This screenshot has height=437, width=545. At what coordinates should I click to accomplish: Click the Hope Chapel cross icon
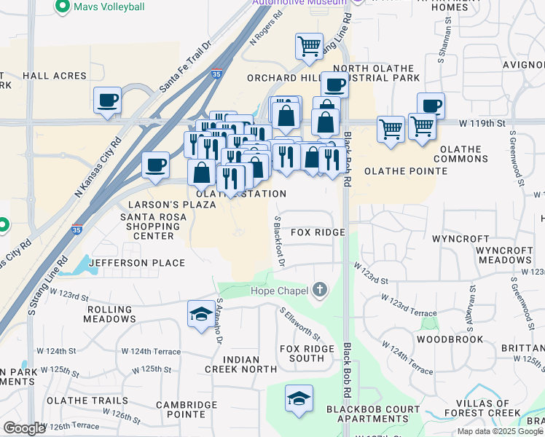coord(319,291)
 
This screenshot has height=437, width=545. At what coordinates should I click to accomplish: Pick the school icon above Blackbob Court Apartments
coord(299,398)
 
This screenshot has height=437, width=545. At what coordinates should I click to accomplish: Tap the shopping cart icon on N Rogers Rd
coord(309,46)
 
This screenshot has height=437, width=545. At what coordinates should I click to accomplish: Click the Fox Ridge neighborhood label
coord(318,232)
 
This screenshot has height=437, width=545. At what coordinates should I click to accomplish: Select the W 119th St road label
coord(482,124)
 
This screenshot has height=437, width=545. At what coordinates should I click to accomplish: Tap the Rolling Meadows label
coord(111,314)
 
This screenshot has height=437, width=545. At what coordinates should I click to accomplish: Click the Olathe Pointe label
coord(406,171)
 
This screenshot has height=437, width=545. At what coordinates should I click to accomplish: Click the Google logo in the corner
coord(24,428)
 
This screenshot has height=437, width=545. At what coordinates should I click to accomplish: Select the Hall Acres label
coord(55,75)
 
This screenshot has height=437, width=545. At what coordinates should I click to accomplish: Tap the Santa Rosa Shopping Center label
coord(148,226)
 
